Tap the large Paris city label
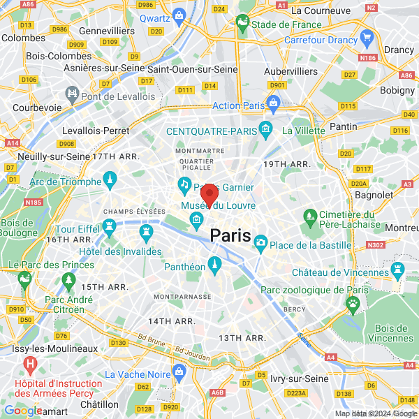tap(230, 235)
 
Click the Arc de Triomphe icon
tap(110, 182)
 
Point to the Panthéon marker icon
tap(214, 263)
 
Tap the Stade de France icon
tap(242, 25)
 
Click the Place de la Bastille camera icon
tap(260, 242)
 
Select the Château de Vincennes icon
tap(398, 269)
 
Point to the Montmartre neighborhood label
tap(200, 150)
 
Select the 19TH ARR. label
tap(286, 163)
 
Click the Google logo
tap(23, 411)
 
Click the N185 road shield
tap(33, 203)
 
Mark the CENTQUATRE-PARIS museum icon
tap(265, 129)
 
